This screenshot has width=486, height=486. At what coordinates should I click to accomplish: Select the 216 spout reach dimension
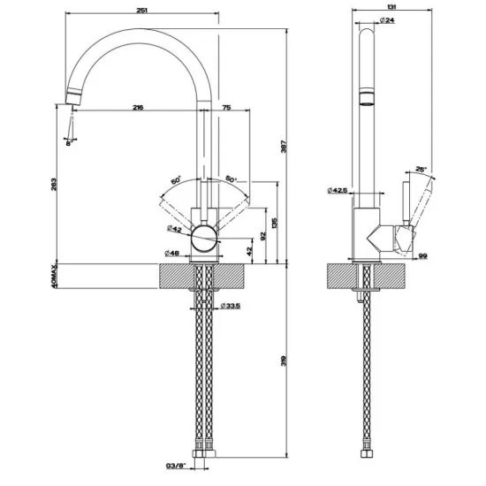pyautogui.click(x=138, y=107)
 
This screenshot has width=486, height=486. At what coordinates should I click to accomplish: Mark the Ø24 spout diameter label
pyautogui.click(x=386, y=19)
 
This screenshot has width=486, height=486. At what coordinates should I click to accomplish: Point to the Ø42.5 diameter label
pyautogui.click(x=338, y=190)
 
